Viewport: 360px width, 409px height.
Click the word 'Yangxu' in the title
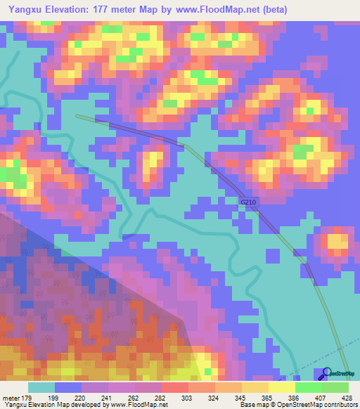pos(20,9)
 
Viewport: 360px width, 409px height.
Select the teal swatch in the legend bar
pos(41,388)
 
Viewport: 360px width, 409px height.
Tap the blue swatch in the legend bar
pos(69,388)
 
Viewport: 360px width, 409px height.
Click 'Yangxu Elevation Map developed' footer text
pos(49,405)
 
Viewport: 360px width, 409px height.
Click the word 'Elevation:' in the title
pos(68,9)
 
